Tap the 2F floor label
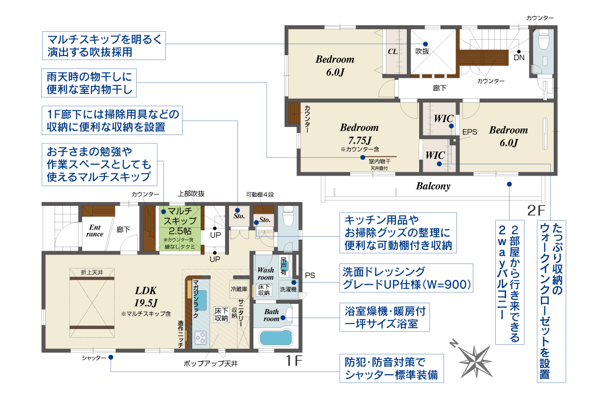click(536, 210)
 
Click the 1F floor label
click(294, 361)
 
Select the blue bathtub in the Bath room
click(276, 338)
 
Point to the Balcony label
click(433, 186)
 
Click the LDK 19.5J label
click(146, 296)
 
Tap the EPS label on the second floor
click(470, 132)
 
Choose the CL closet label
click(393, 51)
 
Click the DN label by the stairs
click(519, 58)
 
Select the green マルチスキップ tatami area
click(180, 228)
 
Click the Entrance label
click(95, 231)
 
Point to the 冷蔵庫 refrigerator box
click(239, 289)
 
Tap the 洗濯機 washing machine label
click(288, 289)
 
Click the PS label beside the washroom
click(310, 275)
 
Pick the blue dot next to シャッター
click(111, 357)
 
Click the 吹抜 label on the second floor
click(422, 51)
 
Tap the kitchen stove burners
click(200, 338)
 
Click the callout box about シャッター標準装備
click(391, 368)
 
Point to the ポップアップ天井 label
click(211, 363)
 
